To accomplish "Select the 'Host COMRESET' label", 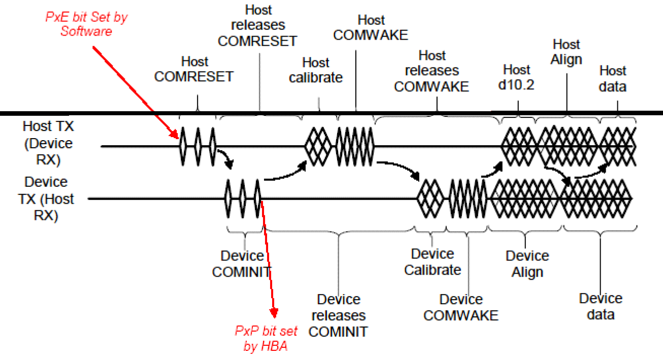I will click(194, 69).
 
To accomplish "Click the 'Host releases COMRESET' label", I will click(257, 25).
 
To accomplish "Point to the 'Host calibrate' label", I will click(316, 70).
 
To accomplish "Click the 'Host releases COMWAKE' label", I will click(432, 71).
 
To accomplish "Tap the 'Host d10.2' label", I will click(516, 78).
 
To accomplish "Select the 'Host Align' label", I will click(567, 52).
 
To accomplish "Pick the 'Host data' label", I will click(613, 78).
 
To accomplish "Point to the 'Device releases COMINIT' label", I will click(338, 315).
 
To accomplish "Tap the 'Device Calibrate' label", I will click(433, 261).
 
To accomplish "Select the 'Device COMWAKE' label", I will click(461, 307).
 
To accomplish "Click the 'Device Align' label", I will click(527, 264).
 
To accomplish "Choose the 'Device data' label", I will click(601, 306).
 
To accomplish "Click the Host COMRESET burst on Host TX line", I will click(198, 146).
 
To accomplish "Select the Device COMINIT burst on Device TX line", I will click(243, 198).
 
